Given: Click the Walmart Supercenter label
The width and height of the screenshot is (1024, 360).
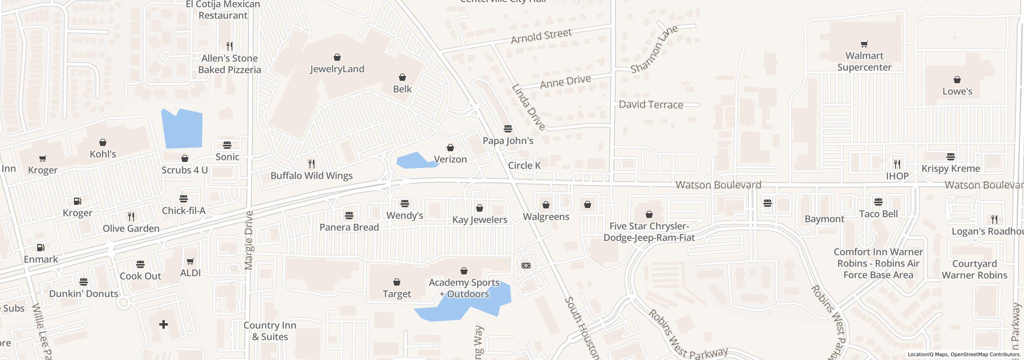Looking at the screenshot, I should tap(864, 61).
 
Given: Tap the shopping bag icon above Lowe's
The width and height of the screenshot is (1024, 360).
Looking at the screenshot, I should tap(957, 80).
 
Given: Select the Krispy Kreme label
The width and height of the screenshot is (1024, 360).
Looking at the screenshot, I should tap(950, 168).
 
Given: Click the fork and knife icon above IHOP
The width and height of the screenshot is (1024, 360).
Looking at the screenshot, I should tap(897, 164).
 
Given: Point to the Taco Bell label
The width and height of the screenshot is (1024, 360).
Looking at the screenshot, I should tap(878, 214).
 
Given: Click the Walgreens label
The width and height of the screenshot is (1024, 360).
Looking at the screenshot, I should tap(546, 216).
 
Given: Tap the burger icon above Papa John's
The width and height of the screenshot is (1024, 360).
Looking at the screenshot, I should tap(508, 129).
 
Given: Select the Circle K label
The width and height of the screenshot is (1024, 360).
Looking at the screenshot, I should tap(524, 165).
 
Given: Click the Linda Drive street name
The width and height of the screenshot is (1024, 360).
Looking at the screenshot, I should tap(528, 107).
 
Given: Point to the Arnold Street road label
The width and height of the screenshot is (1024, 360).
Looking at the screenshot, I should tap(541, 36).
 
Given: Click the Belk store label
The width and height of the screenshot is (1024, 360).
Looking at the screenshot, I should tap(402, 89).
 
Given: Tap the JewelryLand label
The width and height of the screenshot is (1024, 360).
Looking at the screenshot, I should tap(337, 69).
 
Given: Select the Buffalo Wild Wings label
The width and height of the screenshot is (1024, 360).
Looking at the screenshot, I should tap(311, 176).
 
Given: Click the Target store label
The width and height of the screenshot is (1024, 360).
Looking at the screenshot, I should tap(396, 294).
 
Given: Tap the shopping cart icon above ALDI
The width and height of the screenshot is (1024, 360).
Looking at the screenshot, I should tap(190, 261).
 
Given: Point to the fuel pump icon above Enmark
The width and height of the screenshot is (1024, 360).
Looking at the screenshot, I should tap(41, 248).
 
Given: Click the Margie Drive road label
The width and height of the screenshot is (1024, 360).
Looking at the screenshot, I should tap(248, 240).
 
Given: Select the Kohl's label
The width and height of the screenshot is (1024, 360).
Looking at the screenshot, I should tap(102, 154).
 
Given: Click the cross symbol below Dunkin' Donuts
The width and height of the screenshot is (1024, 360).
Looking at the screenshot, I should tap(163, 324).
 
